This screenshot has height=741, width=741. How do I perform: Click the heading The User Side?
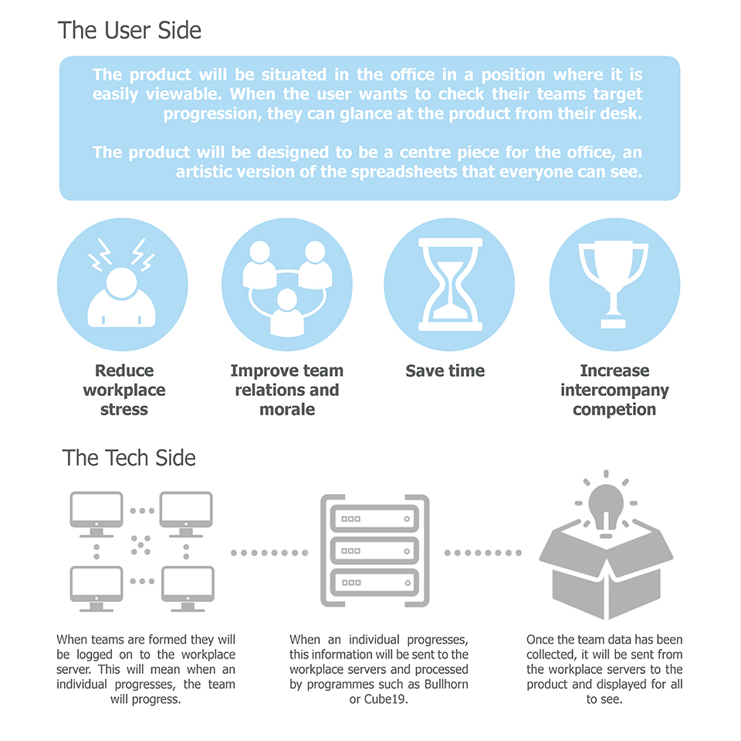(130, 31)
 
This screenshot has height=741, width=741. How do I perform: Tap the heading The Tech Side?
(129, 458)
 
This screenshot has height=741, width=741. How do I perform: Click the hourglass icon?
(448, 283)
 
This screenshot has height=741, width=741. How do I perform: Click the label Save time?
(445, 371)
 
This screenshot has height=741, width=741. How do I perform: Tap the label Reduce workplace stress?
(123, 390)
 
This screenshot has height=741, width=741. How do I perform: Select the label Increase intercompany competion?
(614, 390)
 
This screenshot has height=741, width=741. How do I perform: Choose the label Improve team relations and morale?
(286, 390)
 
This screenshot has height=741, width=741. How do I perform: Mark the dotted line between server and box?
(483, 553)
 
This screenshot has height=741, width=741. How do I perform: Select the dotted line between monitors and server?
(269, 553)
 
